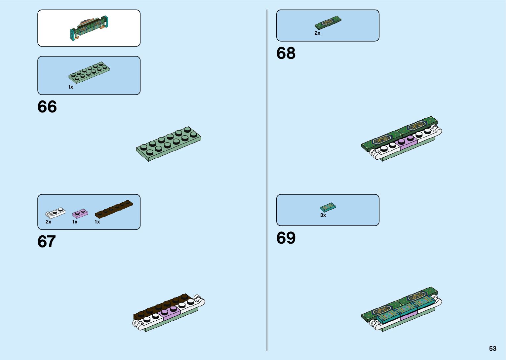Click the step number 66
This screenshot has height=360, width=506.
47,107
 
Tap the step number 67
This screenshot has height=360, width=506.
47,242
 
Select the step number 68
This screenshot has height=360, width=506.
286,53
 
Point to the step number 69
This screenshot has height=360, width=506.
286,238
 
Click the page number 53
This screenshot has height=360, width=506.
492,348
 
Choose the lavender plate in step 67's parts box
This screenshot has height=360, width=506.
80,214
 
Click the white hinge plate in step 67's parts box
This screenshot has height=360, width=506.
56,213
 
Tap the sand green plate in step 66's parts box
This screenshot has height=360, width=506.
89,71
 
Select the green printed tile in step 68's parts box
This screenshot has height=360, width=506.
328,23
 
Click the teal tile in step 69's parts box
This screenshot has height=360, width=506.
328,207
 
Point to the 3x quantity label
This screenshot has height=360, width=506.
323,215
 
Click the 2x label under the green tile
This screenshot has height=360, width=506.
317,33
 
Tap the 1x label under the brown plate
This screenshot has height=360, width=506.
97,222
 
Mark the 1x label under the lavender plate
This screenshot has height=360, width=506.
75,222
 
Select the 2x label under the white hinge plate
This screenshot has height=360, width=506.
48,222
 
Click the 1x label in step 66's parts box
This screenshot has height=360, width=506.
71,87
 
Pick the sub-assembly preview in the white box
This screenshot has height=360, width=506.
89,28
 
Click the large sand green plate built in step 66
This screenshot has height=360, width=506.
169,143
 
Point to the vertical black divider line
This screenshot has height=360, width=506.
267,180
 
